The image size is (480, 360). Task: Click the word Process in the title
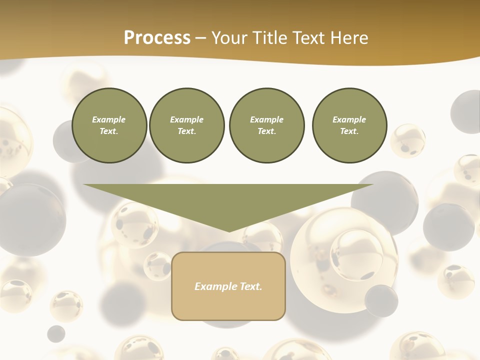pos(157,38)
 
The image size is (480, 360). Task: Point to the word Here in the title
pos(349,38)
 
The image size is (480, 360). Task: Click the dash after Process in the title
pos(200,38)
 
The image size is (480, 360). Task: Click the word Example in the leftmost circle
pos(108,119)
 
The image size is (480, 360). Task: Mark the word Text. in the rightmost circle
pos(349,131)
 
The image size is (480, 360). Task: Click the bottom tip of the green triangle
pos(229,230)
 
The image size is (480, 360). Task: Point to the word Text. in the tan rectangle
pos(251,286)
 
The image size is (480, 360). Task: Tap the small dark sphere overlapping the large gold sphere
pos(381,300)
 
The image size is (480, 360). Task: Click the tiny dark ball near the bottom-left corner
pos(56,333)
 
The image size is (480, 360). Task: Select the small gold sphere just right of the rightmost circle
pos(408,140)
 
